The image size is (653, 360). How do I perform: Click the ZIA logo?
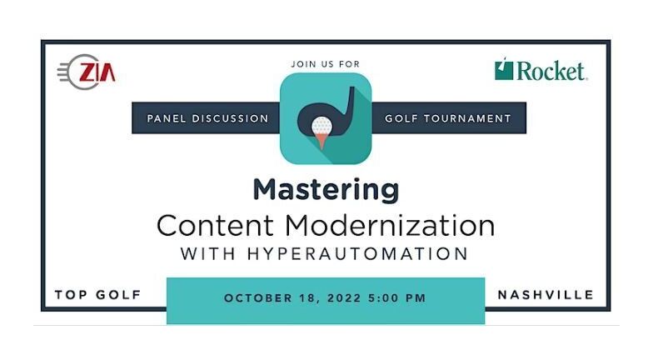87,72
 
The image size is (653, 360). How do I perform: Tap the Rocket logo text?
551,71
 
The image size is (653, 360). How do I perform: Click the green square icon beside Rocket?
504,69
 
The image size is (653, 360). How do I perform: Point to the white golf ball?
322,125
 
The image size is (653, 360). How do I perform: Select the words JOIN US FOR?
325,64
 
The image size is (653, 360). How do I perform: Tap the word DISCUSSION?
230,118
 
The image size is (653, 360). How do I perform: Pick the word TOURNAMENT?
467,118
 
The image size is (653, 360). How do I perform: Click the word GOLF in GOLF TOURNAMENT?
401,118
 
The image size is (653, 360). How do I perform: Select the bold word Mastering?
326,190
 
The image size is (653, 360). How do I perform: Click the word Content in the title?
215,225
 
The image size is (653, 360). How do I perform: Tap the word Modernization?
390,225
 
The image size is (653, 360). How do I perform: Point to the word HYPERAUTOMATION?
358,253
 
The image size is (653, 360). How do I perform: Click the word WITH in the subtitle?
208,253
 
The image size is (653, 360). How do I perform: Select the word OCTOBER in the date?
258,298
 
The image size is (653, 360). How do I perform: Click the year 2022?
344,298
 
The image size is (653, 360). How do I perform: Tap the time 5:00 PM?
397,298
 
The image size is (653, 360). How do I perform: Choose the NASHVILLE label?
546,295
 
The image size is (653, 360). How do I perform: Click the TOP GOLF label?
98,295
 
